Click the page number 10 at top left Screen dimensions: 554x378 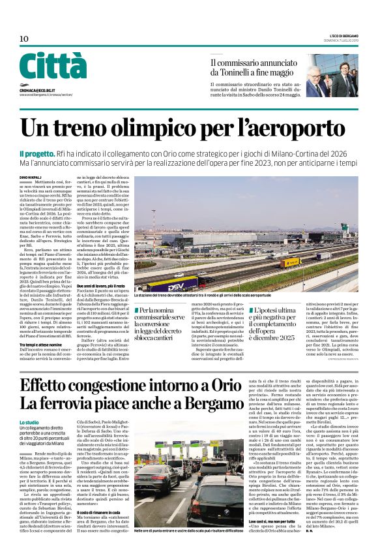click(x=24, y=38)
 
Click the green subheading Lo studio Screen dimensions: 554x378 click(x=29, y=423)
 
